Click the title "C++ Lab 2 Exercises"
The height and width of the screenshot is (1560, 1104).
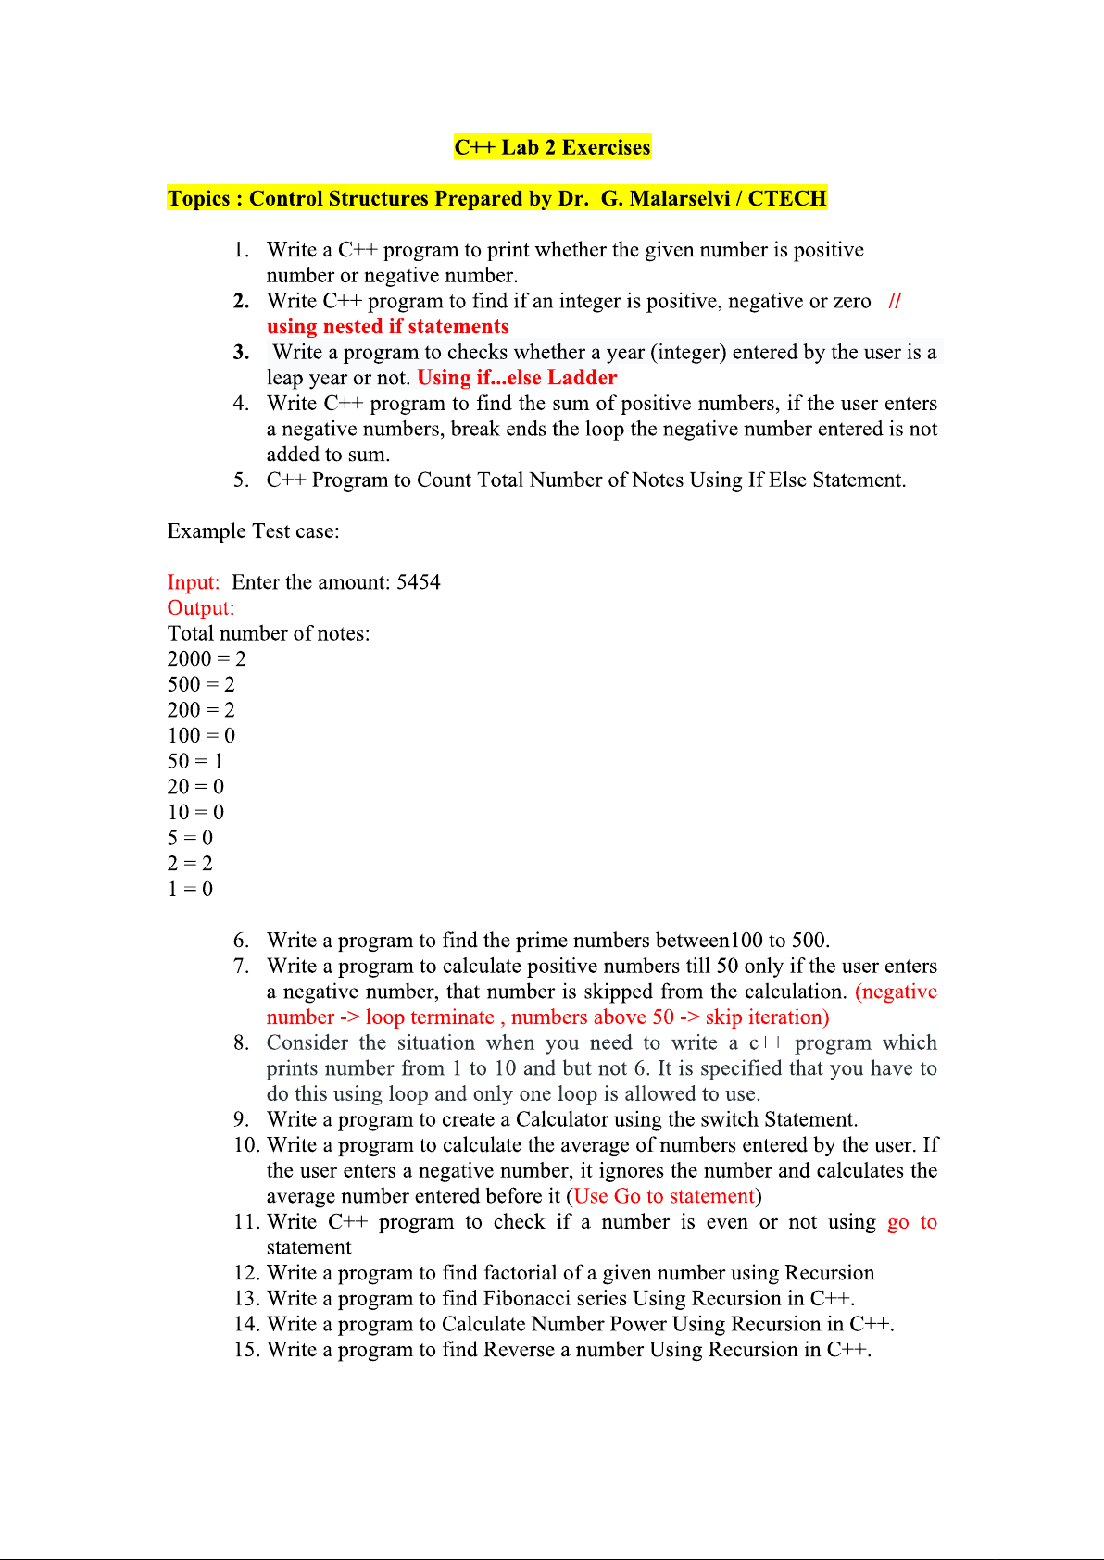click(552, 147)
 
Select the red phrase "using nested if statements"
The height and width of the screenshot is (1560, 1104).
click(387, 327)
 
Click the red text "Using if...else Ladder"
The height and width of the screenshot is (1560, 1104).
click(517, 378)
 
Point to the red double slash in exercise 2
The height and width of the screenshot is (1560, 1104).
click(895, 301)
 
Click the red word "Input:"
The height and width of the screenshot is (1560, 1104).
click(194, 582)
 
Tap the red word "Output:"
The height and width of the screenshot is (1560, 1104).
click(201, 608)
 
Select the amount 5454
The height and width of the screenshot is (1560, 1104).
click(419, 582)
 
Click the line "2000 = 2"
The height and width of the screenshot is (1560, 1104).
click(207, 659)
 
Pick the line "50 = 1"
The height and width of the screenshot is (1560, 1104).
click(195, 761)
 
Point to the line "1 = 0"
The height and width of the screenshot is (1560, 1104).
click(190, 889)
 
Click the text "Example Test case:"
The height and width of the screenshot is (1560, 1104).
click(253, 531)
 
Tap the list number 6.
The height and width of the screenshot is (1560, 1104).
click(241, 941)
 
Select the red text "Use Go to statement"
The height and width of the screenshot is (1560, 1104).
click(664, 1196)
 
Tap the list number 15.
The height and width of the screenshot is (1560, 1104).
click(246, 1350)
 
